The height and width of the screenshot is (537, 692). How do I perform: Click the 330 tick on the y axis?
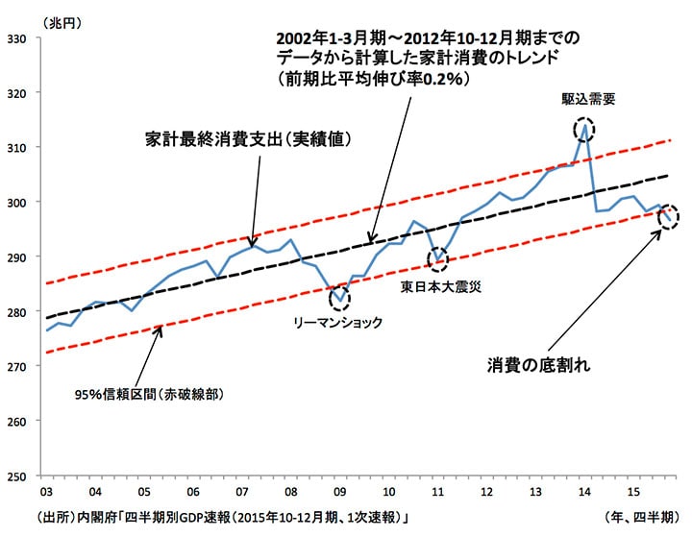[17, 38]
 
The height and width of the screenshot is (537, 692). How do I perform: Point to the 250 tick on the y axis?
[17, 476]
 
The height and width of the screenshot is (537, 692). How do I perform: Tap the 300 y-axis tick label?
[17, 202]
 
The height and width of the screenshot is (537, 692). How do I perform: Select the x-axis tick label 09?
[340, 492]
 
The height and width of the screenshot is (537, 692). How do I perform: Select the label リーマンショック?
[336, 323]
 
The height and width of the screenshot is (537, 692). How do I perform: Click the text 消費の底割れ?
[537, 365]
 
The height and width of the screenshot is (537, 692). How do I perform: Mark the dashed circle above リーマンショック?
[339, 298]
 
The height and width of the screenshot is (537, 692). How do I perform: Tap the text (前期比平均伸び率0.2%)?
[372, 81]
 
